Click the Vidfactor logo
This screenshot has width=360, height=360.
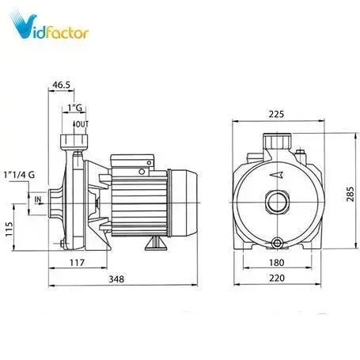click(x=49, y=25)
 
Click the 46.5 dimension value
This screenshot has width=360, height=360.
click(x=61, y=85)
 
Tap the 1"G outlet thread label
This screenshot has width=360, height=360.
click(x=75, y=108)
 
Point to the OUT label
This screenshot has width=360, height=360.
click(x=82, y=124)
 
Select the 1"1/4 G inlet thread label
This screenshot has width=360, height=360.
click(x=19, y=175)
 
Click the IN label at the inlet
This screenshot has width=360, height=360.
click(x=38, y=199)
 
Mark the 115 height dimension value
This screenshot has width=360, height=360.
click(x=9, y=229)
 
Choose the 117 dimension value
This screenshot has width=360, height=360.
click(x=77, y=263)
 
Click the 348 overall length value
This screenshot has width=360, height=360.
click(x=116, y=279)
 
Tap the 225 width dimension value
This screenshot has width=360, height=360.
click(x=276, y=114)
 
